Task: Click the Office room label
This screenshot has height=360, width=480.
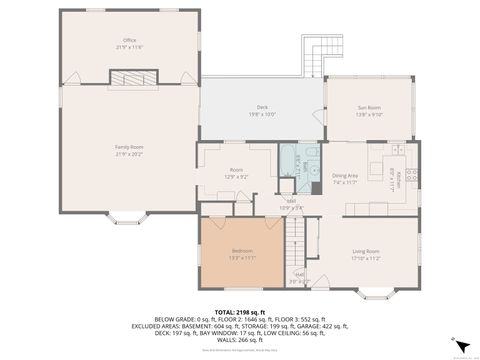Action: pos(129,40)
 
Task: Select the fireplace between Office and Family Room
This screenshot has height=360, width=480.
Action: pos(128,79)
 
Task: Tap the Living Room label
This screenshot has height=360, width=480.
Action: pos(365,251)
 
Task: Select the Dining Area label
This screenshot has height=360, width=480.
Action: pos(345,175)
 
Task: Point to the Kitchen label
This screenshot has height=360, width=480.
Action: pos(398,177)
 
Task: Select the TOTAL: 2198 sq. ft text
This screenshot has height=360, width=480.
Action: pos(240,313)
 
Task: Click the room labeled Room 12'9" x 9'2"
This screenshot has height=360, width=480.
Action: pos(236,171)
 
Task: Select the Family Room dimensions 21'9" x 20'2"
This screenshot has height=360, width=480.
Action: pos(129,153)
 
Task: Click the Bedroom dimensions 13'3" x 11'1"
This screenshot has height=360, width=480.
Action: pos(242,257)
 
